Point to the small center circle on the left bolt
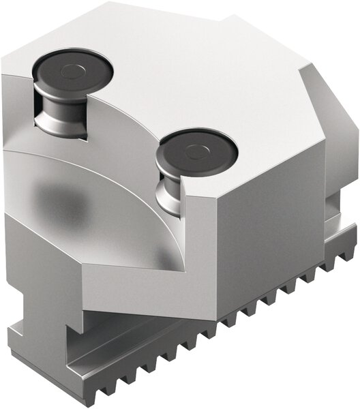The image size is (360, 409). pos(70,70)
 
